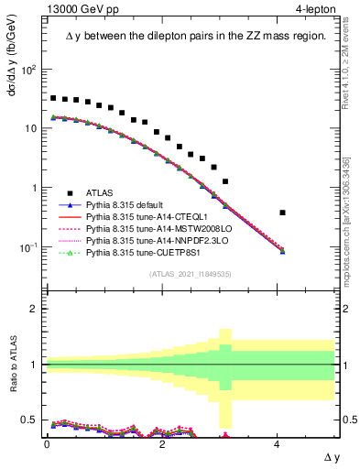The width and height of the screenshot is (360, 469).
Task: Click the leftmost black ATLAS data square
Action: [54, 98]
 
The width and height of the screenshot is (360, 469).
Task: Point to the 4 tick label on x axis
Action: [278, 442]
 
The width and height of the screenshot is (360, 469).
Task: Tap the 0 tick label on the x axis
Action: [47, 442]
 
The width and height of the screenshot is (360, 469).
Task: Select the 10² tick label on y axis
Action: [29, 70]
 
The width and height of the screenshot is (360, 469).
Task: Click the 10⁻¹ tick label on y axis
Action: [29, 247]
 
